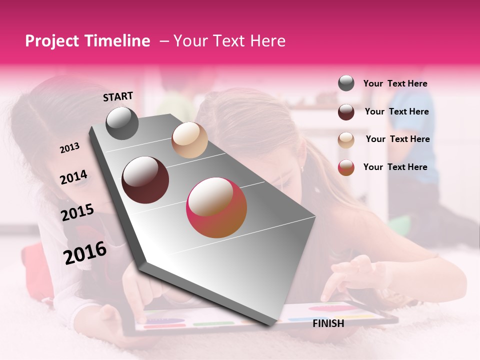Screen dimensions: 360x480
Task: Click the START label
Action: point(118,96)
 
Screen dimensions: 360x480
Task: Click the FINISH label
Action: point(328,323)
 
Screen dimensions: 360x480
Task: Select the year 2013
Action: point(69,148)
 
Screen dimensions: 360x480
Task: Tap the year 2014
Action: point(73,177)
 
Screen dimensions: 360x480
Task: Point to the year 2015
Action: point(77,212)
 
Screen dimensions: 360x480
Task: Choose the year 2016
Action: point(84,252)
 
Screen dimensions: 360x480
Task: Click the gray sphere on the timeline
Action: point(122,123)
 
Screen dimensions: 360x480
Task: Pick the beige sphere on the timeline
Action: point(189,140)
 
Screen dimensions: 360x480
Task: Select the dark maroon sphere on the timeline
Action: point(145,180)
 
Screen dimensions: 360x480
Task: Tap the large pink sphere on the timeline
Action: point(216,207)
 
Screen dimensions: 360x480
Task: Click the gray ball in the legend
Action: point(346,83)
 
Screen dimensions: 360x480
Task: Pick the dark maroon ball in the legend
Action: point(346,112)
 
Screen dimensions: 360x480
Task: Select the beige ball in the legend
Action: point(346,140)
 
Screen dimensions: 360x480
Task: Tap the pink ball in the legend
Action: point(346,167)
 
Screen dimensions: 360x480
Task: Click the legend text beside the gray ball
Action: point(395,83)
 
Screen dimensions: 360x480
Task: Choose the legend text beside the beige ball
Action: point(397,139)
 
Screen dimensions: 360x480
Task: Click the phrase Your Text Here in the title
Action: point(229,41)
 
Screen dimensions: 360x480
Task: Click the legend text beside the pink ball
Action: point(395,167)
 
